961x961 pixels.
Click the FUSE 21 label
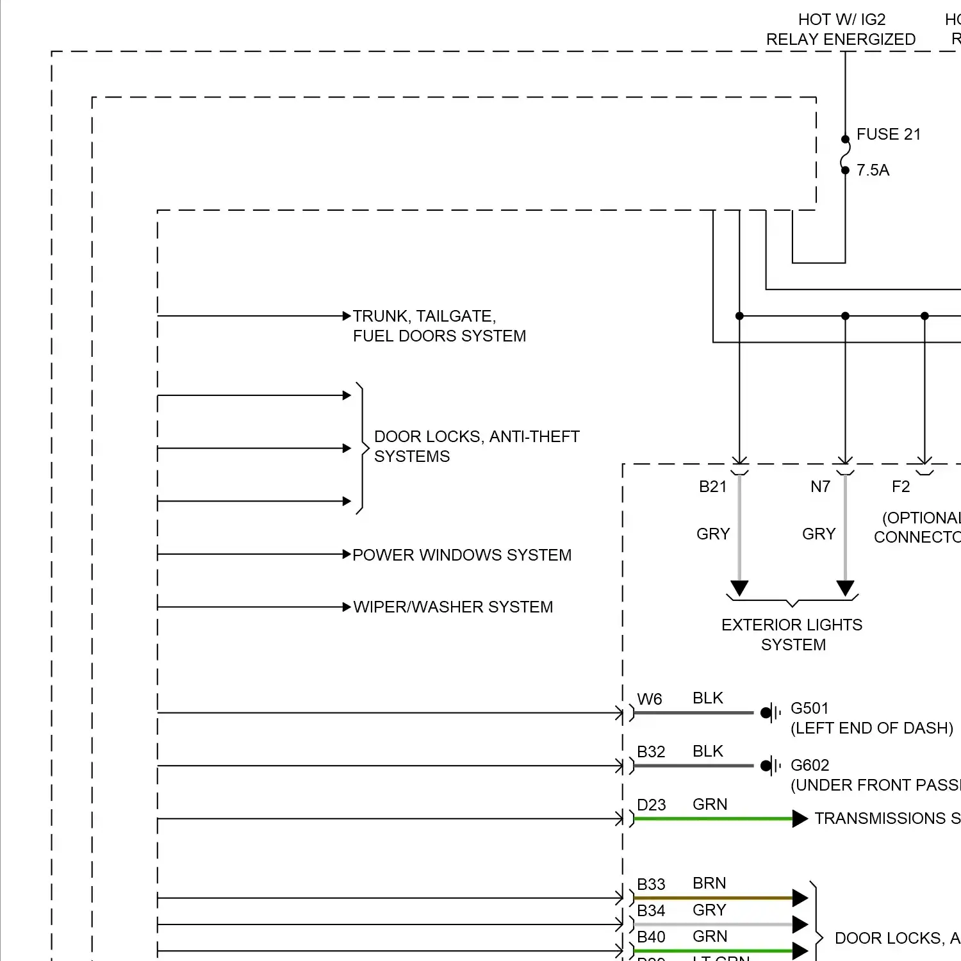point(888,135)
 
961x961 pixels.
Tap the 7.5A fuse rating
point(873,170)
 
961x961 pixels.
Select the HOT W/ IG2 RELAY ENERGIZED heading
point(841,29)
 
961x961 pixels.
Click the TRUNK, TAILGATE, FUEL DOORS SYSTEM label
point(439,326)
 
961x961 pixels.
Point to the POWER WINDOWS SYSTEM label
point(461,555)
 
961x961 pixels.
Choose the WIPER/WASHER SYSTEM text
point(453,607)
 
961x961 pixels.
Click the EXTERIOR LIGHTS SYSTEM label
point(792,634)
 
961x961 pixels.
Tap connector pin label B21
point(712,487)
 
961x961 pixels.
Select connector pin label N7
point(820,487)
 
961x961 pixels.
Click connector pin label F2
point(900,487)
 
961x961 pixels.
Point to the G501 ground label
point(809,709)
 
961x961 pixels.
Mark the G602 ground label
point(809,766)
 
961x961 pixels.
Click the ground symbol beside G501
point(770,712)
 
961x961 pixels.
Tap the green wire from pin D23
point(711,819)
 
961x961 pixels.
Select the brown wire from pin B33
point(711,898)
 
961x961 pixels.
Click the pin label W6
point(649,700)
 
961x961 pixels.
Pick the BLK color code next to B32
point(707,751)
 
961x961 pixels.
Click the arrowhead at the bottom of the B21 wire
point(739,588)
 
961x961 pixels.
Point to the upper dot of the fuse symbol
point(845,139)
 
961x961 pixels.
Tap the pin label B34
point(651,910)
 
